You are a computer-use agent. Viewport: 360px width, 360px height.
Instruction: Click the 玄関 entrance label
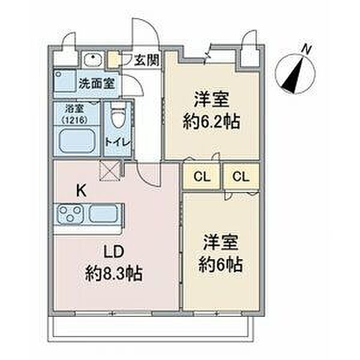coord(146,59)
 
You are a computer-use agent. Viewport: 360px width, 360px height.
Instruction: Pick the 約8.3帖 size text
coord(115,275)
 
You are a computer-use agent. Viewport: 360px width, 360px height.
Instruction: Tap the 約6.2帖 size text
coord(212,122)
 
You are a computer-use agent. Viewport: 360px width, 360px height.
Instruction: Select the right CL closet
coord(241,176)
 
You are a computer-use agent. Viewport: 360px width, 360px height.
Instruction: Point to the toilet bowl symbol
coord(117,117)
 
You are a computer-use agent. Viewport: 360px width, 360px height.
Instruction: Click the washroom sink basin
coord(94,59)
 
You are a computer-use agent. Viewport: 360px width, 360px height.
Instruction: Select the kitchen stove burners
coord(71,214)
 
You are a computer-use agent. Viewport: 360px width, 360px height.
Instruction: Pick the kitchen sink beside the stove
coord(104,214)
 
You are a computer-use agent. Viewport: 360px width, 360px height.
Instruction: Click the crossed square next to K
coord(111,171)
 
